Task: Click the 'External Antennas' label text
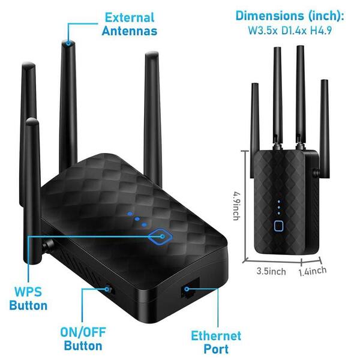pyautogui.click(x=130, y=24)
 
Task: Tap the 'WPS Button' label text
pyautogui.click(x=28, y=299)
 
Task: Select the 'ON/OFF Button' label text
pyautogui.click(x=83, y=339)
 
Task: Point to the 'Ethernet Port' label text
pyautogui.click(x=216, y=343)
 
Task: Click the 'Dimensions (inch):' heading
pyautogui.click(x=290, y=16)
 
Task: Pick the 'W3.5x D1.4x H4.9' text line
pyautogui.click(x=290, y=31)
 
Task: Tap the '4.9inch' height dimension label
pyautogui.click(x=236, y=206)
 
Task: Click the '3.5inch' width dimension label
pyautogui.click(x=271, y=271)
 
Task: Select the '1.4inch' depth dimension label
pyautogui.click(x=313, y=271)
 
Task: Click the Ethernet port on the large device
pyautogui.click(x=190, y=289)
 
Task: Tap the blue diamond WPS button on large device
pyautogui.click(x=160, y=236)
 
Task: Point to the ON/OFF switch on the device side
pyautogui.click(x=109, y=290)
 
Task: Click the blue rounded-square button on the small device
pyautogui.click(x=278, y=226)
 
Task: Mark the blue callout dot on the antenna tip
pyautogui.click(x=68, y=43)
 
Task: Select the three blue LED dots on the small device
pyautogui.click(x=279, y=208)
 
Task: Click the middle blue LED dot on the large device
pyautogui.click(x=137, y=219)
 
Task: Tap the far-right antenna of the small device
pyautogui.click(x=325, y=128)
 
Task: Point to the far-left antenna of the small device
pyautogui.click(x=255, y=130)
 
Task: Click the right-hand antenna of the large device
pyautogui.click(x=152, y=117)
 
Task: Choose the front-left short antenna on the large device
pyautogui.click(x=33, y=191)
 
